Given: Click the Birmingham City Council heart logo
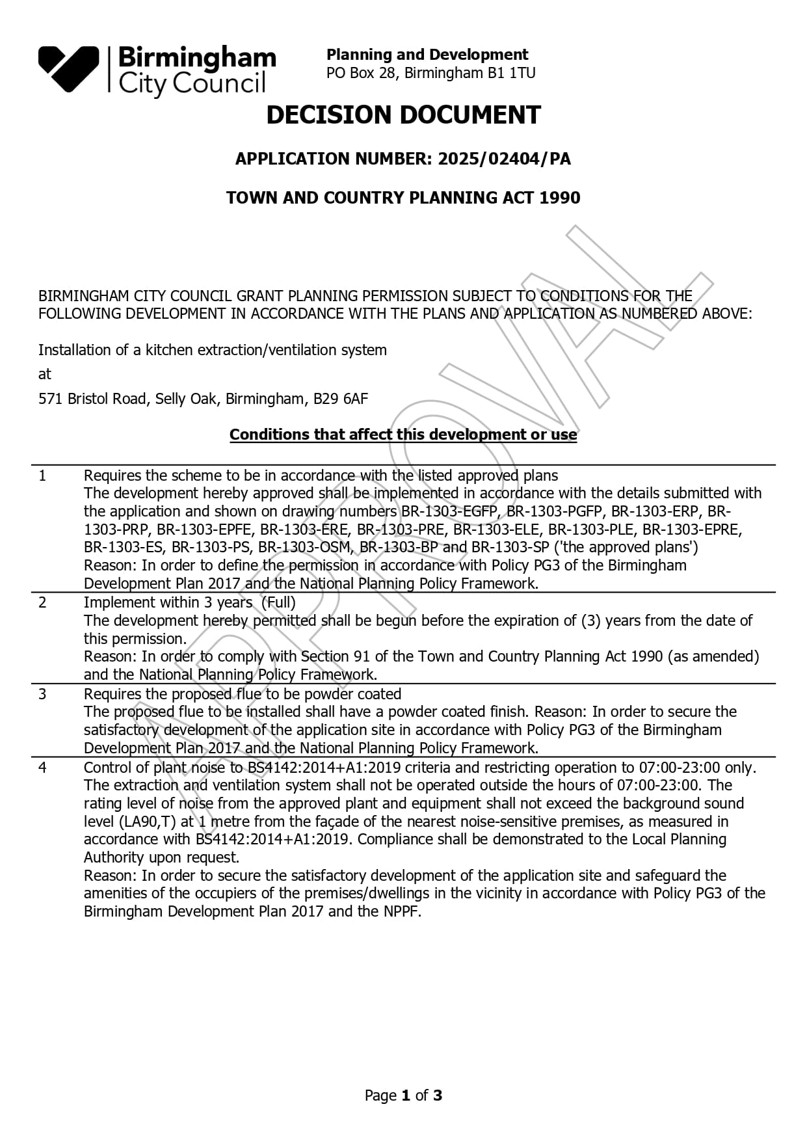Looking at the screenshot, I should click(x=68, y=68).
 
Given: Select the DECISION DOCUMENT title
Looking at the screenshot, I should click(x=403, y=115).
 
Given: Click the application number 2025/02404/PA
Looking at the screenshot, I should click(x=504, y=159).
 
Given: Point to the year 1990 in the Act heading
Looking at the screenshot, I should click(x=560, y=198).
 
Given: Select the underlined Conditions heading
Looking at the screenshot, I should click(x=403, y=435).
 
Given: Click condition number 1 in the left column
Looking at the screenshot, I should click(x=43, y=476).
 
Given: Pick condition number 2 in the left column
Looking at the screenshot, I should click(x=43, y=602).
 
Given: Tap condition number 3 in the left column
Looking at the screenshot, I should click(x=43, y=694).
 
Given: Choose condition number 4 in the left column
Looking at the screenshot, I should click(x=43, y=768).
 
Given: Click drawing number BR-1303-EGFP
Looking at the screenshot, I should click(x=448, y=511).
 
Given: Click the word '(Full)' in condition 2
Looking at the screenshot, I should click(x=278, y=602).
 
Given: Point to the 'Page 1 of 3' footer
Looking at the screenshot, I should click(x=403, y=1095).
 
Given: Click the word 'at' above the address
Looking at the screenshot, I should click(x=44, y=374).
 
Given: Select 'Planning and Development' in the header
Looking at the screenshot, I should click(x=427, y=55).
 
